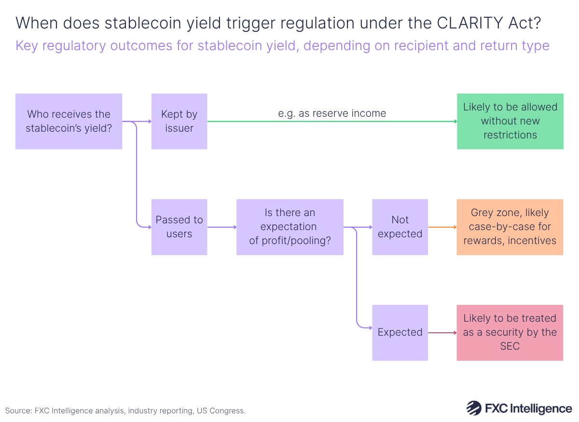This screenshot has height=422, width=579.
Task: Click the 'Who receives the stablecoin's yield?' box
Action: tap(69, 121)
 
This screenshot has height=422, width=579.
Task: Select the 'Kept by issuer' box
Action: tap(179, 121)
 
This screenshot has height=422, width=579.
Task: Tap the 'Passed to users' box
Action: tap(179, 227)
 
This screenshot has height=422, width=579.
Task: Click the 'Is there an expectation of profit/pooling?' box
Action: tap(289, 227)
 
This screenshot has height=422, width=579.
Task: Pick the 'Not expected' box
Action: tap(400, 227)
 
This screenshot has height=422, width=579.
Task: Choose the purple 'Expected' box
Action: tap(400, 332)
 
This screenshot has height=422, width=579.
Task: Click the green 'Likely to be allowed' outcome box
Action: tap(510, 121)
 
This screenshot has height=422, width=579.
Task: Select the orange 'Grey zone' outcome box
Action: tap(510, 227)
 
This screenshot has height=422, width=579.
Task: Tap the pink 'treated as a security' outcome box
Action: tap(510, 332)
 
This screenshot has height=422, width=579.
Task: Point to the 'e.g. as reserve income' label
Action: tap(332, 113)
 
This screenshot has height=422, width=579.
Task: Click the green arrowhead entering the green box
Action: tap(455, 122)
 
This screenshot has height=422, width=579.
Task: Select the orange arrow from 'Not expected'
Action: tap(442, 227)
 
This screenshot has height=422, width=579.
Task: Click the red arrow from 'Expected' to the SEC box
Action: tap(442, 332)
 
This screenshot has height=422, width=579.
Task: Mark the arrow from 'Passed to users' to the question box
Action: tap(221, 227)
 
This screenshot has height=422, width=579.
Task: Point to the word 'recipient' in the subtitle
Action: tap(420, 46)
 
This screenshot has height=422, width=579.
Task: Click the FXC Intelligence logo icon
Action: tap(474, 408)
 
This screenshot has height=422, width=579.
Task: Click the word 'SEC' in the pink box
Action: tap(510, 346)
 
